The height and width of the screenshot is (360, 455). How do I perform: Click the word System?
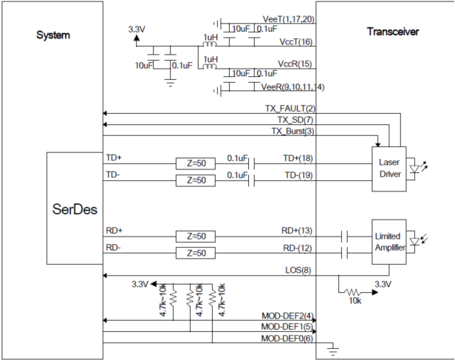click(x=53, y=35)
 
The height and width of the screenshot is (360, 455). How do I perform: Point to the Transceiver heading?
click(x=393, y=32)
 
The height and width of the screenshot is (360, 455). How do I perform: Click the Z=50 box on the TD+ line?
click(x=196, y=163)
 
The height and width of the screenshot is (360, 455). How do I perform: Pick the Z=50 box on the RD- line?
click(x=196, y=254)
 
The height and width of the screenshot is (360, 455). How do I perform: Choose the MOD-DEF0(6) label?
click(x=287, y=339)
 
